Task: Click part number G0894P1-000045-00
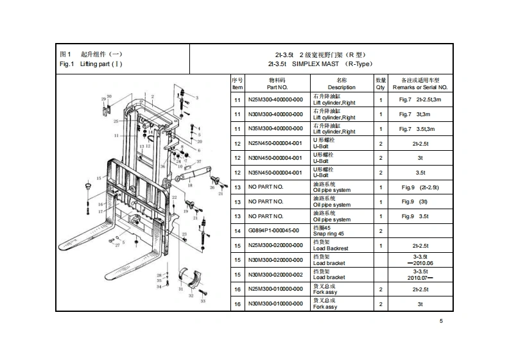click(273, 230)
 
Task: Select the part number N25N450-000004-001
click(275, 143)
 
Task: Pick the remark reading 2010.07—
click(420, 277)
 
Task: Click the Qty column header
click(381, 83)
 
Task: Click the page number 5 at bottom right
click(441, 321)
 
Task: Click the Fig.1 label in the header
click(67, 64)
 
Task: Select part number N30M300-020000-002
click(275, 274)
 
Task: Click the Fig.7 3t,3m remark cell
click(420, 114)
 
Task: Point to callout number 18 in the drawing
click(190, 185)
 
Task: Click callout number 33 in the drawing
click(203, 300)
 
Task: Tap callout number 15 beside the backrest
click(99, 178)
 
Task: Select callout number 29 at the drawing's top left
click(103, 99)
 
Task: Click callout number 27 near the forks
click(117, 245)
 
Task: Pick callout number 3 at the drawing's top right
click(197, 98)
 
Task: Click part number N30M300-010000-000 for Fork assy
click(275, 304)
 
